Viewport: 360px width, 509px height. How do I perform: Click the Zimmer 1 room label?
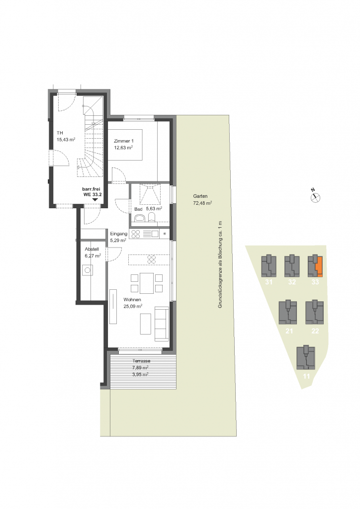[123, 141]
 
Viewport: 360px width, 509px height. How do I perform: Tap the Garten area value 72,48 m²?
[202, 203]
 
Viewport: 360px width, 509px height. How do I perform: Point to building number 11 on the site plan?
[306, 377]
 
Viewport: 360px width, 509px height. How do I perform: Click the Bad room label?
[138, 209]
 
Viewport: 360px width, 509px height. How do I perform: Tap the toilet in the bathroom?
[152, 217]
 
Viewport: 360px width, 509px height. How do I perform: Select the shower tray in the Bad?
[150, 194]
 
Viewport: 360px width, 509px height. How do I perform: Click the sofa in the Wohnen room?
[161, 324]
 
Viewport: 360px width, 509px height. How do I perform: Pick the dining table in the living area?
[147, 283]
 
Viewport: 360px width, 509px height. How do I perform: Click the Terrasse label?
[141, 361]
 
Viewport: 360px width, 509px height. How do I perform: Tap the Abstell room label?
[92, 249]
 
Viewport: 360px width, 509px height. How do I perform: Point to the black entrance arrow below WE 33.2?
[95, 200]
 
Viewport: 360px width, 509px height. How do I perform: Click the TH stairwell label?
[60, 133]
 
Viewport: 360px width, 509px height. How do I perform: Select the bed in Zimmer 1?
[125, 145]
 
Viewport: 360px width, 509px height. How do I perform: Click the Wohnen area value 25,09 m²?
[133, 306]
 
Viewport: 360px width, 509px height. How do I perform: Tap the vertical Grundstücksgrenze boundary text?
[220, 264]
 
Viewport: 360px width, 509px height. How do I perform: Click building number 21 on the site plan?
[289, 331]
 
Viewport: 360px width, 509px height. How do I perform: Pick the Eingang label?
[118, 234]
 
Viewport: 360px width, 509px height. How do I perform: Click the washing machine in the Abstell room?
[88, 270]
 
